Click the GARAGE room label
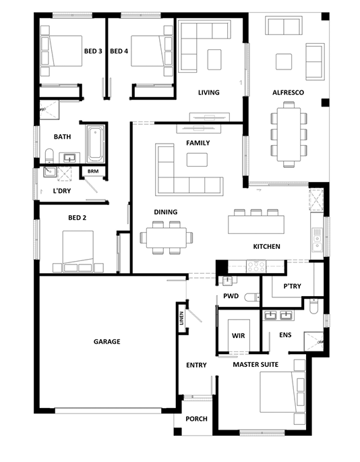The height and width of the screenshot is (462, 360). point(107,341)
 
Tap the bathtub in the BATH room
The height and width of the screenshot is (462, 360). point(96,144)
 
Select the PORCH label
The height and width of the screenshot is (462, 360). point(196,419)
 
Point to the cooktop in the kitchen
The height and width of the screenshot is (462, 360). point(256,266)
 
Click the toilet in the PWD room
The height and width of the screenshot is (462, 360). point(251,297)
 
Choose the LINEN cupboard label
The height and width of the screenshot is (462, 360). point(182,318)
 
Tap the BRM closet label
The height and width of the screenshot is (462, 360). point(93,171)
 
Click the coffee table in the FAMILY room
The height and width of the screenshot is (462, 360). point(197,160)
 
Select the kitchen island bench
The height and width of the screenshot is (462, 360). point(256,225)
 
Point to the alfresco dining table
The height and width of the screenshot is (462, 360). point(289,134)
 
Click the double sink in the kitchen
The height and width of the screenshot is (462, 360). point(317,240)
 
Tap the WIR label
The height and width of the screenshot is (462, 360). point(238,336)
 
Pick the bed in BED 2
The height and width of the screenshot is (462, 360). point(78,252)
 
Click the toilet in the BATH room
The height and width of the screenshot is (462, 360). point(49,156)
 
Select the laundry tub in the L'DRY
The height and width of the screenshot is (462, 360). point(50,172)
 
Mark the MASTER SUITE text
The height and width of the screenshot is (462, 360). point(256,364)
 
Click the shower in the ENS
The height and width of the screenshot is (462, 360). point(313,341)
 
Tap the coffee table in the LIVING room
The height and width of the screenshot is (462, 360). point(214,59)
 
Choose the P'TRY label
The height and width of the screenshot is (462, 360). point(292,286)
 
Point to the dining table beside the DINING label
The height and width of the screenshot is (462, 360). point(167,237)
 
